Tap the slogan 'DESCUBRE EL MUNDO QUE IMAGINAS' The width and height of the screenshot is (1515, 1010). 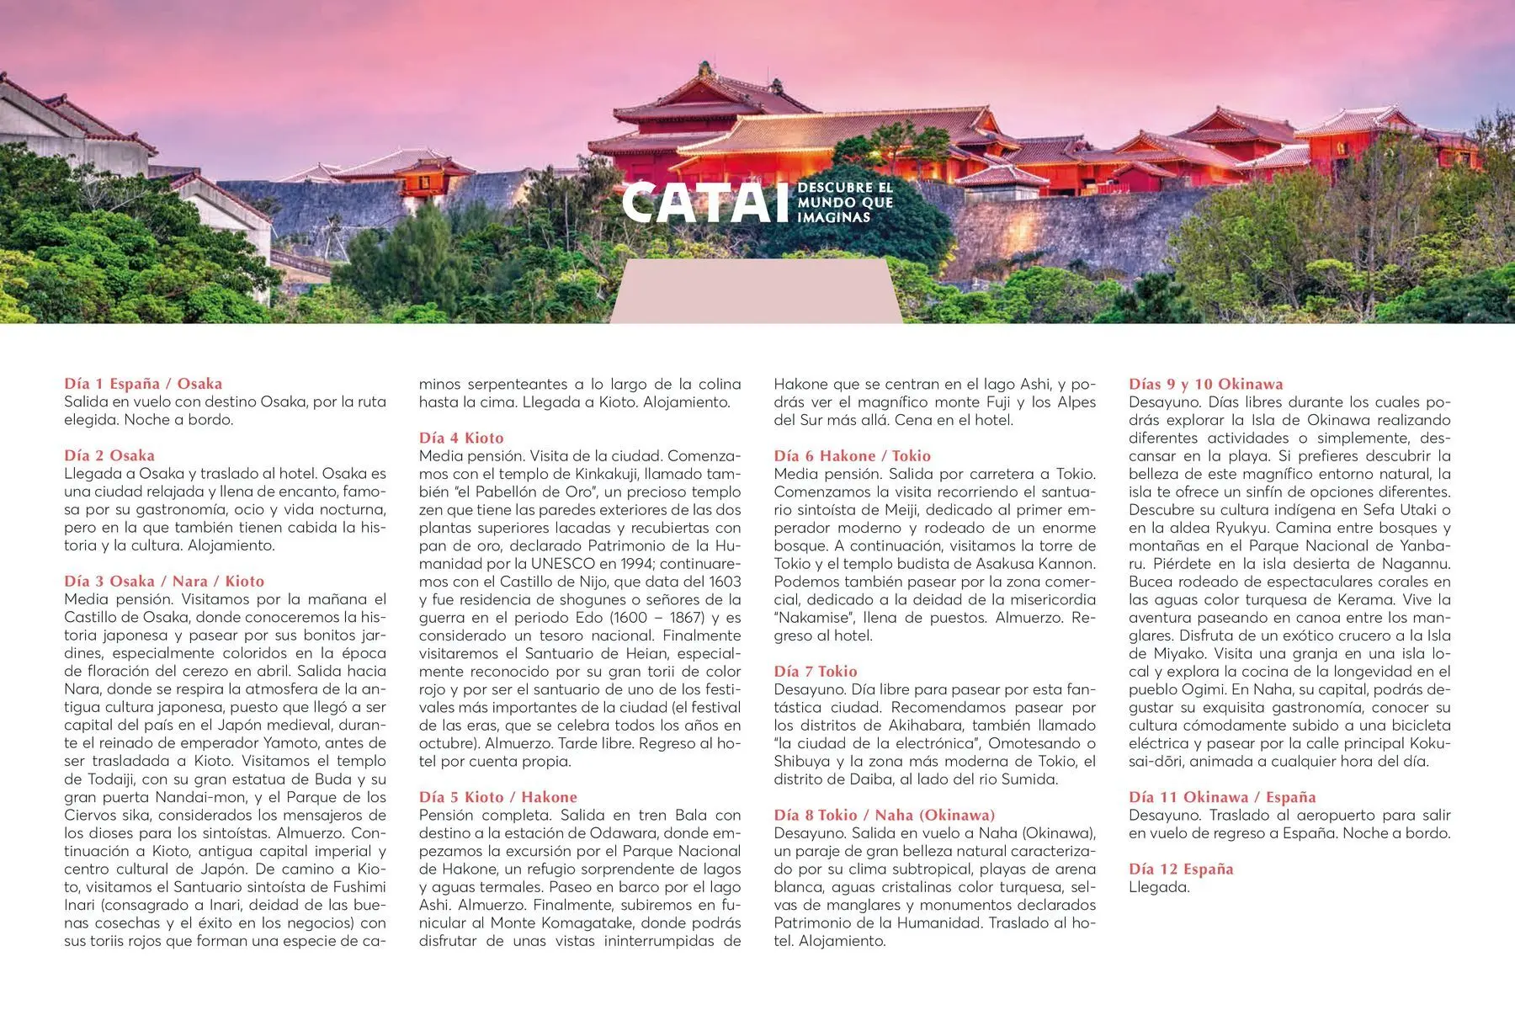(844, 202)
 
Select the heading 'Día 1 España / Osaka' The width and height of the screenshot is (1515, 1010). (143, 384)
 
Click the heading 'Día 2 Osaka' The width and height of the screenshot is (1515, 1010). (109, 455)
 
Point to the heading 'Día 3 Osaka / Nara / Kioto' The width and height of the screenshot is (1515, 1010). (164, 581)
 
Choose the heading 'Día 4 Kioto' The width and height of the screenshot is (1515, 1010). (461, 438)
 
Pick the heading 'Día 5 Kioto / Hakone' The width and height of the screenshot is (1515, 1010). (498, 797)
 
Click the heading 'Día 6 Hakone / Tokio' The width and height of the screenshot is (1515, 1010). (852, 455)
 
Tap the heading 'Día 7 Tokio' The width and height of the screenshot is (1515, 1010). (815, 671)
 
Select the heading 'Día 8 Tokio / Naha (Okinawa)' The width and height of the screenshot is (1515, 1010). (884, 815)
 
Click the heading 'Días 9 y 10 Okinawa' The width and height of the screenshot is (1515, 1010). (1205, 384)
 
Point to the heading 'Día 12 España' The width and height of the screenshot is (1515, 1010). (1180, 869)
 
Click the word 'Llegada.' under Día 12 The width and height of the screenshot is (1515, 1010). (1159, 887)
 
